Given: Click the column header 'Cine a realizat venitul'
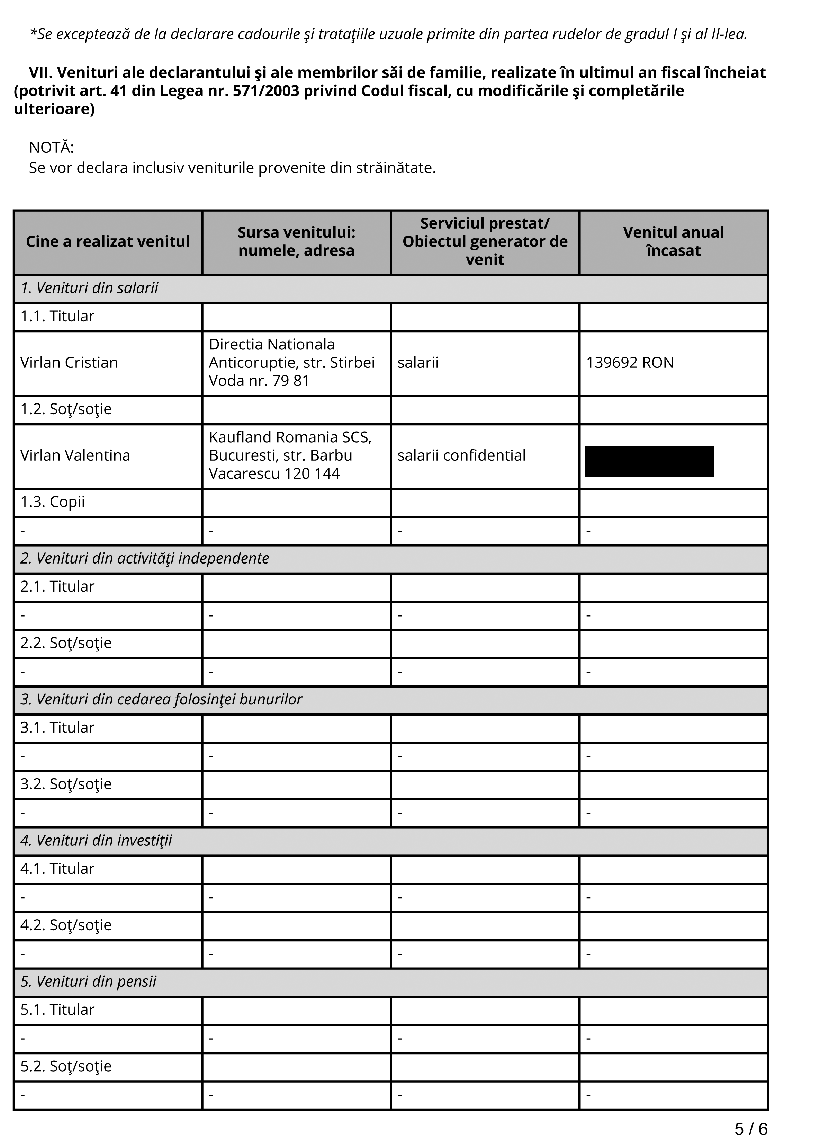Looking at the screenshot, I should click(108, 242).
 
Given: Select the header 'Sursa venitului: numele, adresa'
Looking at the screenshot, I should click(296, 242).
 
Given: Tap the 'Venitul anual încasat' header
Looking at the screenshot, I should click(673, 242).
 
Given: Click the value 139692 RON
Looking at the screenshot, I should click(630, 363).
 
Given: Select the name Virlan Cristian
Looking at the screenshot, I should click(69, 363).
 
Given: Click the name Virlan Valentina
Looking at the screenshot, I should click(75, 455).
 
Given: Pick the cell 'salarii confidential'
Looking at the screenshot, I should click(461, 455).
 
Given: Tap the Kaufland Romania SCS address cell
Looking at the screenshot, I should click(290, 455).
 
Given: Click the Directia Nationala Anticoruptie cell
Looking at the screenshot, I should click(292, 363).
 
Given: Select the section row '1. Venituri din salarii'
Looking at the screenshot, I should click(89, 288).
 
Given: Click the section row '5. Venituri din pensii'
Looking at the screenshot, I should click(88, 981).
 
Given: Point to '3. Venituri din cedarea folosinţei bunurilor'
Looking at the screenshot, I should click(161, 699).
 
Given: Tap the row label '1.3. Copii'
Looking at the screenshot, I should click(52, 502).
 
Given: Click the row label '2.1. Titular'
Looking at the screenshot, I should click(57, 586).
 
